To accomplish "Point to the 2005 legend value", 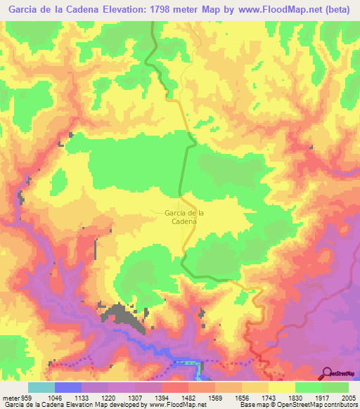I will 348,397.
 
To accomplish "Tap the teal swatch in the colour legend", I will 41,387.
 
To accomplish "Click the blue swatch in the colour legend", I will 67,387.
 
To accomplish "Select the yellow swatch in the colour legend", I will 281,387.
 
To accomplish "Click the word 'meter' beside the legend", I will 9,397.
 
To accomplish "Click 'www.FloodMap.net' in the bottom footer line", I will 174,405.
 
